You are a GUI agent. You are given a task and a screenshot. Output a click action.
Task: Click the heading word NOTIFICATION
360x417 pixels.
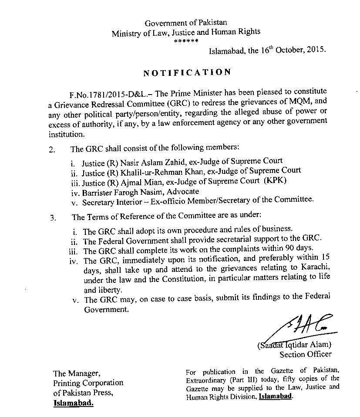pyautogui.click(x=187, y=72)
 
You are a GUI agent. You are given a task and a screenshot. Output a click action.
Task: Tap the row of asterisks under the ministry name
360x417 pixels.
pyautogui.click(x=186, y=41)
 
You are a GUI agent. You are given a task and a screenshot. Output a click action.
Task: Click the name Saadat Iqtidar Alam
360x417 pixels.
pyautogui.click(x=296, y=345)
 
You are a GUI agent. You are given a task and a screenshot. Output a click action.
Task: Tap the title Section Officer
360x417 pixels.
pyautogui.click(x=306, y=354)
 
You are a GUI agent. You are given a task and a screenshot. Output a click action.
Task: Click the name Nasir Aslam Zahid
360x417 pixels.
pyautogui.click(x=138, y=163)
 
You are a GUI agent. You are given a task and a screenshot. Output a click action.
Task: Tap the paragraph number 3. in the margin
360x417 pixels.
pyautogui.click(x=53, y=218)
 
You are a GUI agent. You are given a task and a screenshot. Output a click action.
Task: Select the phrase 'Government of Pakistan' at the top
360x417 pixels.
pyautogui.click(x=186, y=23)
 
